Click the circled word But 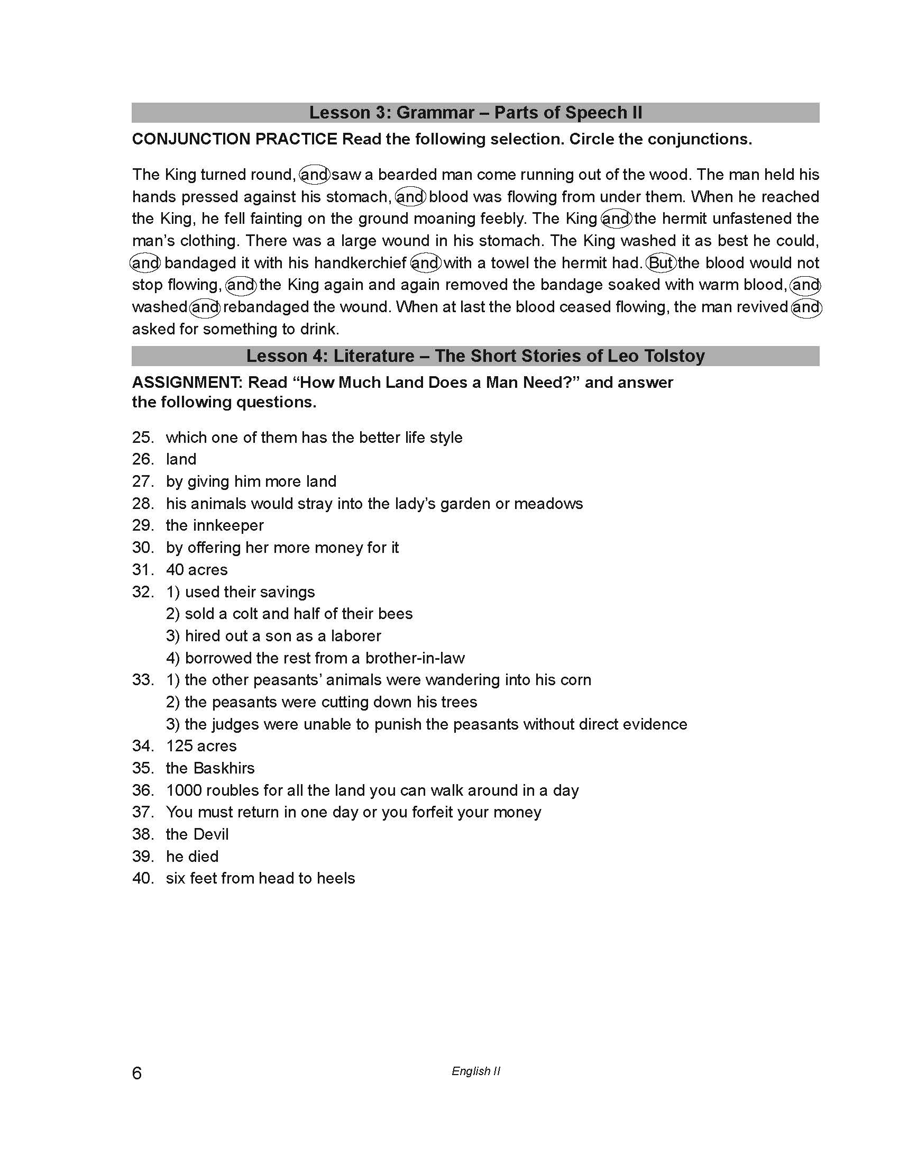(x=661, y=263)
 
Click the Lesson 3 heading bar (x=475, y=113)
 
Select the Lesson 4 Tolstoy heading (x=475, y=356)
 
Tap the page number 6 (x=137, y=1072)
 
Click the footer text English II (x=475, y=1071)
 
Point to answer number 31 (x=143, y=570)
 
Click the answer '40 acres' (x=197, y=570)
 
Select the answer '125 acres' (x=201, y=745)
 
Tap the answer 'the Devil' (x=197, y=834)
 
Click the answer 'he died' (x=192, y=856)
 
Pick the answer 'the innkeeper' (x=215, y=525)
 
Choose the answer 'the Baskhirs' (x=210, y=768)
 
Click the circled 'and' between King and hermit (x=616, y=219)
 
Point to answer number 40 (x=143, y=878)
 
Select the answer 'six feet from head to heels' (x=260, y=878)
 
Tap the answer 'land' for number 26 (x=181, y=459)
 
